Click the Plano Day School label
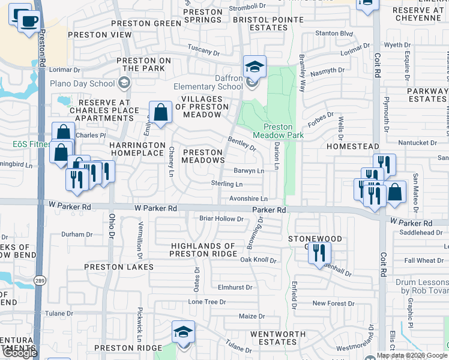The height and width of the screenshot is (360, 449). (x=82, y=83)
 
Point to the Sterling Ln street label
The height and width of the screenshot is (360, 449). (x=227, y=184)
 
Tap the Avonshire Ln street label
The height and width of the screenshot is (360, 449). (x=248, y=199)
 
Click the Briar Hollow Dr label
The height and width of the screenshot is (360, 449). (x=221, y=219)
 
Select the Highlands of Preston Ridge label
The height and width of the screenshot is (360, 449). (x=203, y=250)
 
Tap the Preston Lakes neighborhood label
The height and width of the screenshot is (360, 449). (x=119, y=266)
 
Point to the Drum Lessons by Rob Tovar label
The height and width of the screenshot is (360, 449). (x=421, y=286)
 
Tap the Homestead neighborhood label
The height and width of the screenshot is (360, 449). (x=352, y=146)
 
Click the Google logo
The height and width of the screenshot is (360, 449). (x=20, y=353)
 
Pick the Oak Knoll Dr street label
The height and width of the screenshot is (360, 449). (x=258, y=260)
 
